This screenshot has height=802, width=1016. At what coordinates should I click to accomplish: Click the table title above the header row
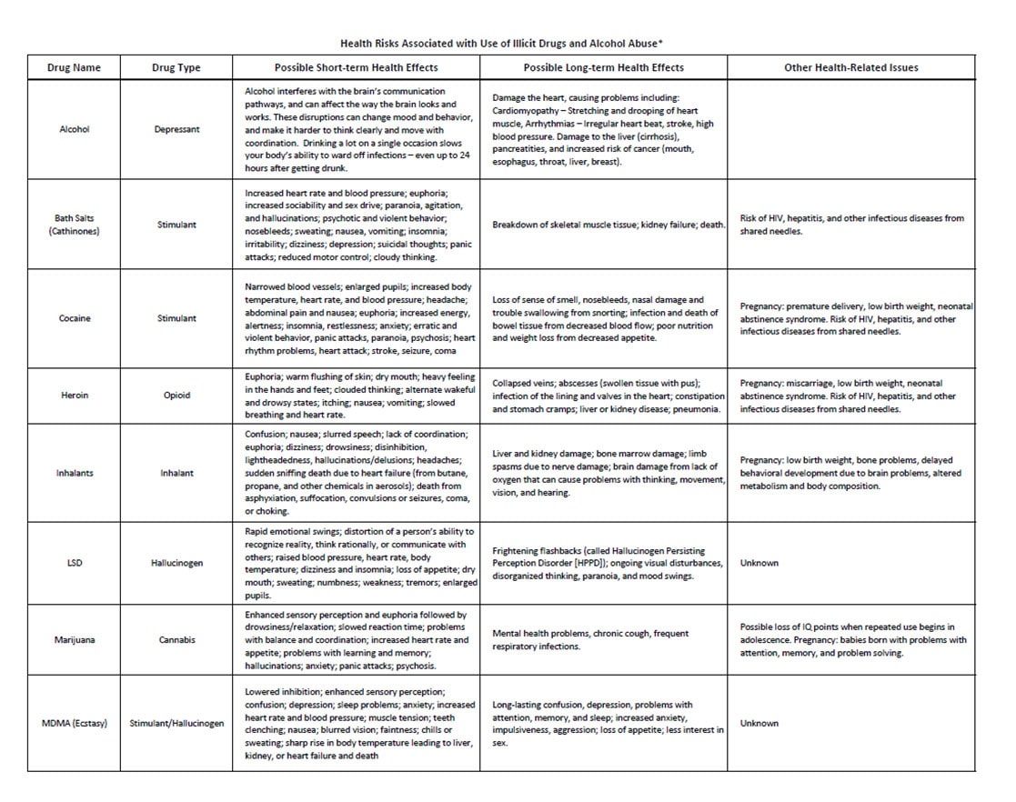point(508,43)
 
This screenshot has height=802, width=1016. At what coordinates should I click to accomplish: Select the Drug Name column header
point(74,68)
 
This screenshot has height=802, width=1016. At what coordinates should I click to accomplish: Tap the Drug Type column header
point(176,68)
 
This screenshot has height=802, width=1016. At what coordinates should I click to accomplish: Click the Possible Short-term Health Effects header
point(356,68)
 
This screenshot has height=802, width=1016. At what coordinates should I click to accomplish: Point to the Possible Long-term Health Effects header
point(603,68)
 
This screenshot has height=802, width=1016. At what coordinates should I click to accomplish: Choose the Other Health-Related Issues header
point(850,68)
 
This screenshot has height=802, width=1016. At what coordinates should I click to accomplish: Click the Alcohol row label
point(74,129)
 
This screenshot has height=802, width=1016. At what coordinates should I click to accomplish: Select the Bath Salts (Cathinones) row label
point(74,225)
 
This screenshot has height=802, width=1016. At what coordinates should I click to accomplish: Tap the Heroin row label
point(74,396)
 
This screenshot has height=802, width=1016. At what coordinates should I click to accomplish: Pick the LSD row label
point(74,563)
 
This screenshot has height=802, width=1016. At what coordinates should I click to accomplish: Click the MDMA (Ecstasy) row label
point(74,724)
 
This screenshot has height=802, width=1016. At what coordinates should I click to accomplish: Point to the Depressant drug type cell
point(176,129)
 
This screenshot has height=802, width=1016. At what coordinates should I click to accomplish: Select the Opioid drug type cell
point(176,396)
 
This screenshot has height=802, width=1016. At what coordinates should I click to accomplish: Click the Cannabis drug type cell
point(176,639)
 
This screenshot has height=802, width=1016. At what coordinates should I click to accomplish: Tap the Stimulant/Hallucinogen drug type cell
point(176,724)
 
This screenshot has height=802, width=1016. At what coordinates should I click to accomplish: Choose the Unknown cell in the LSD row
point(759,563)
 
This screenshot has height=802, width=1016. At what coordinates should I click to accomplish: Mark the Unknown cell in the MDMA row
point(759,724)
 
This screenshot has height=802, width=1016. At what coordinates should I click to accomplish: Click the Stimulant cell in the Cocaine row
point(176,318)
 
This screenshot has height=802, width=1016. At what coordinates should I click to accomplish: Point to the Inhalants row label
point(74,473)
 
